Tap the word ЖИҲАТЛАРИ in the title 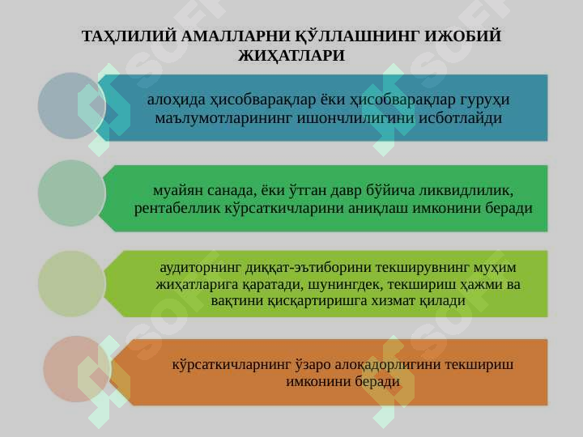pos(291,56)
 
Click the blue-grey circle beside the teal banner pos(71,106)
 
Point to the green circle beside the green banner pos(71,193)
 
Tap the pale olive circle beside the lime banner pos(71,283)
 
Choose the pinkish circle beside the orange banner pos(77,369)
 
